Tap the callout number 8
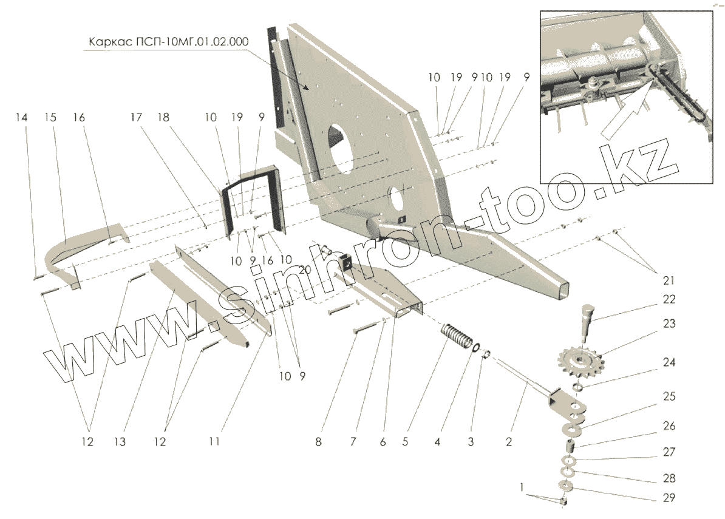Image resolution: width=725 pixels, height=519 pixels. click(x=318, y=441)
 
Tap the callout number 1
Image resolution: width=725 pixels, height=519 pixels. click(x=520, y=487)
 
